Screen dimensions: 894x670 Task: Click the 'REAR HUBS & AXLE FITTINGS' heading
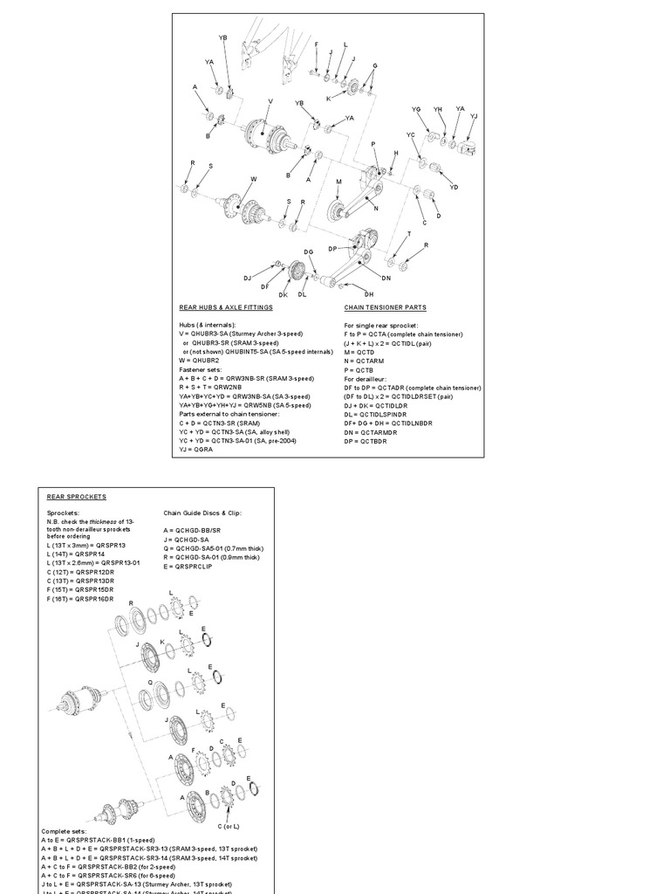[x=223, y=308]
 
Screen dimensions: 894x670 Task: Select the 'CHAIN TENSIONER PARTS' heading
[x=386, y=308]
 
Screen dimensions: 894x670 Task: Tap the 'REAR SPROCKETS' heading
[x=76, y=497]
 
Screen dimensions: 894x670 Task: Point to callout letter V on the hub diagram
[x=270, y=102]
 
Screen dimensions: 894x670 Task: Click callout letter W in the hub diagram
[x=254, y=179]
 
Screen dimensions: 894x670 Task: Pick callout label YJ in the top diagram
[x=474, y=116]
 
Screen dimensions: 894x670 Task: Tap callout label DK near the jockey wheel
[x=283, y=294]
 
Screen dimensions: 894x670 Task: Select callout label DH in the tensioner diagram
[x=369, y=294]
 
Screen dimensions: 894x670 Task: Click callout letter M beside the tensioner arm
[x=338, y=182]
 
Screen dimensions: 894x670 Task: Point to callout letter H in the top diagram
[x=394, y=153]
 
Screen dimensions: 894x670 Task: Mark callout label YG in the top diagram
[x=416, y=109]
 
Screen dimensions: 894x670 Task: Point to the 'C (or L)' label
[x=229, y=825]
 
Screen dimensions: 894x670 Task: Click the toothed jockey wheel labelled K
[x=353, y=88]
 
